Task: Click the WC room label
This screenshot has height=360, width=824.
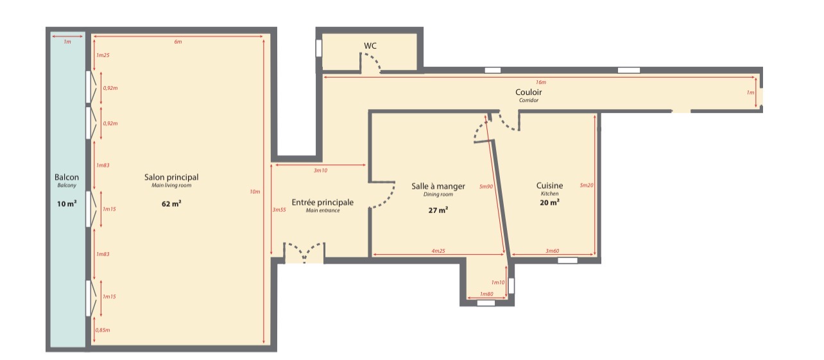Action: pos(370,46)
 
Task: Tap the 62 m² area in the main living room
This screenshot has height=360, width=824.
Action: pos(171,203)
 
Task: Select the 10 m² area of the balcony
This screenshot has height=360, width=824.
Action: pos(67,203)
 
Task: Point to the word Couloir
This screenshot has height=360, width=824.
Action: pos(528,92)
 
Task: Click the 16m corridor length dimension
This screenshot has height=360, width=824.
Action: pos(541,82)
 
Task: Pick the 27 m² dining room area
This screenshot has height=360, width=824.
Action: pos(438,210)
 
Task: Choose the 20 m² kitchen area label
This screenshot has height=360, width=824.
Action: pos(549,203)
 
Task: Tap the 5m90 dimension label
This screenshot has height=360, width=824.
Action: pos(486,187)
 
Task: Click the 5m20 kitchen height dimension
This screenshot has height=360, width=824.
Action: pos(587,185)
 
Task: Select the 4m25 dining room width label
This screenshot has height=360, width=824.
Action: pos(438,251)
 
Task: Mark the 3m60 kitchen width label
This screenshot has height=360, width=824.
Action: pos(552,251)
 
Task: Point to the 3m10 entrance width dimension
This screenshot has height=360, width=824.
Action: pos(320,171)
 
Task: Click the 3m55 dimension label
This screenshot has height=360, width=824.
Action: pos(279,210)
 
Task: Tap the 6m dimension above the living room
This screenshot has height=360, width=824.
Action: pos(178,42)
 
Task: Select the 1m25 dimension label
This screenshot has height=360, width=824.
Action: pos(103,56)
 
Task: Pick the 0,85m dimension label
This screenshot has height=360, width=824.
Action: pos(103,330)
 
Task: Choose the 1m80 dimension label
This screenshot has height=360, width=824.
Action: pos(486,294)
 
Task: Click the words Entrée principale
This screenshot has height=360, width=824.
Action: pos(323,203)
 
